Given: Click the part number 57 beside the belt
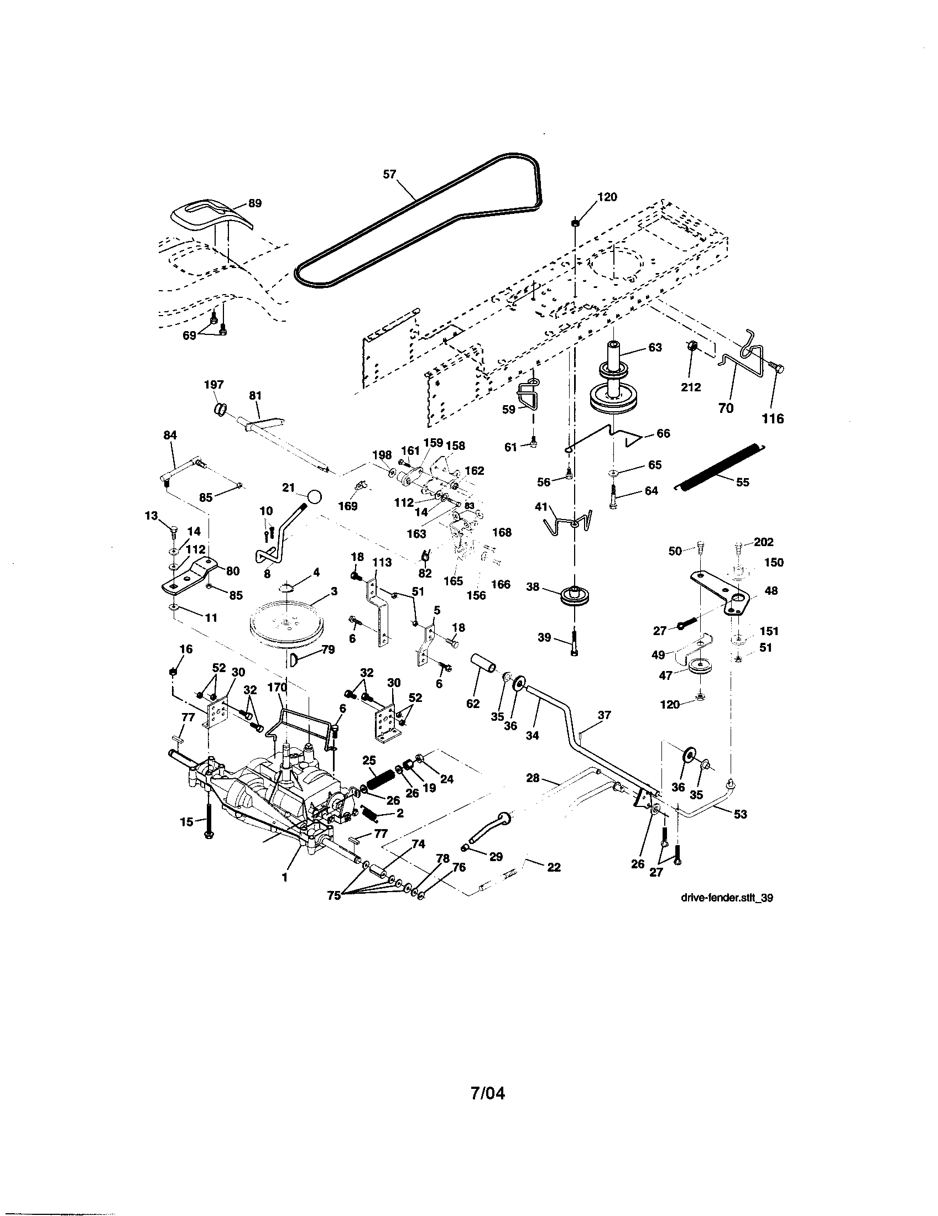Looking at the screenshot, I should coord(389,174).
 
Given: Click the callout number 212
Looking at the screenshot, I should coord(691,387).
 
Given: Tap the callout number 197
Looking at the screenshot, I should coord(214,384).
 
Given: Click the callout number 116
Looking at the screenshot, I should coord(773,418).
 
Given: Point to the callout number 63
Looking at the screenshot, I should coord(655,348).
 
